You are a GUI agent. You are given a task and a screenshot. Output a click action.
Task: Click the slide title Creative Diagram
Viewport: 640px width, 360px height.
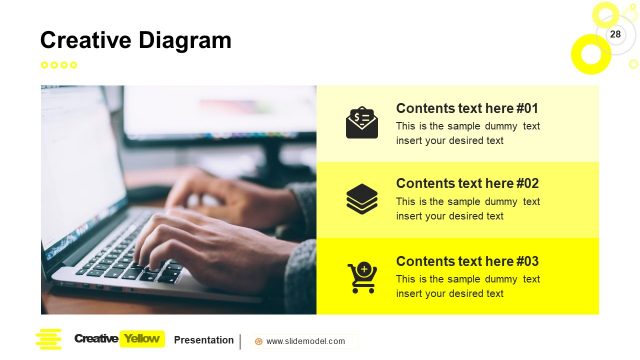[x=135, y=40]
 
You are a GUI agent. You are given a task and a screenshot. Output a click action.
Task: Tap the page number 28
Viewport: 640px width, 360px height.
[x=615, y=35]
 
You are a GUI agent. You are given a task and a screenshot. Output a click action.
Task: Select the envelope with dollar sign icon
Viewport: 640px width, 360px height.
[x=362, y=122]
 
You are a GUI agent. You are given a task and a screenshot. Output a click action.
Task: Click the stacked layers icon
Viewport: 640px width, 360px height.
[x=362, y=198]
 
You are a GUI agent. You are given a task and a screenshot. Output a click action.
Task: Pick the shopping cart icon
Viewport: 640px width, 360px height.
[x=362, y=277]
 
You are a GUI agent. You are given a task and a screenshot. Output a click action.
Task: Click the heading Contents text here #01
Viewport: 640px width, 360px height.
[x=467, y=108]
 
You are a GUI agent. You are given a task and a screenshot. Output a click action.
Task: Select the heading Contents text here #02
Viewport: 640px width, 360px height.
[x=467, y=183]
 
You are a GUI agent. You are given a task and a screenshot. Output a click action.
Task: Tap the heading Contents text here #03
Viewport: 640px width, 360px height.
[x=467, y=261]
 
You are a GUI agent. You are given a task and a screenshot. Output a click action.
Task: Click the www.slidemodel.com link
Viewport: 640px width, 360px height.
[x=305, y=341]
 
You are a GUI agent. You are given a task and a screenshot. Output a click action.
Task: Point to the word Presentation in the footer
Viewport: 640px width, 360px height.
[x=204, y=339]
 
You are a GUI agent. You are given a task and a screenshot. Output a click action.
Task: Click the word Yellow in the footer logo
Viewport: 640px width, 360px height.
[x=141, y=339]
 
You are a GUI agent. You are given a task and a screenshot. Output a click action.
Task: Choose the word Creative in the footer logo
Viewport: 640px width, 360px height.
[x=95, y=339]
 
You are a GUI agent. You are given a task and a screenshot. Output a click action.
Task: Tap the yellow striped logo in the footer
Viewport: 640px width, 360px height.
[x=48, y=339]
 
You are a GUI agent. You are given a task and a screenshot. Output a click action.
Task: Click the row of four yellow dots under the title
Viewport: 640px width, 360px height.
[x=58, y=65]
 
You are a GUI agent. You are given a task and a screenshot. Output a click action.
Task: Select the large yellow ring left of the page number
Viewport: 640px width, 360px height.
[x=589, y=53]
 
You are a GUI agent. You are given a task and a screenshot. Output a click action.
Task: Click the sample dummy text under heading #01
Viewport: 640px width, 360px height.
[x=467, y=133]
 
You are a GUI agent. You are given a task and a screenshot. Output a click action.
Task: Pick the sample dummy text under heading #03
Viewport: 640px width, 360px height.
[x=467, y=286]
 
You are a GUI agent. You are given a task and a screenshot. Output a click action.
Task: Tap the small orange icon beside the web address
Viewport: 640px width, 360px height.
[x=259, y=341]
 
